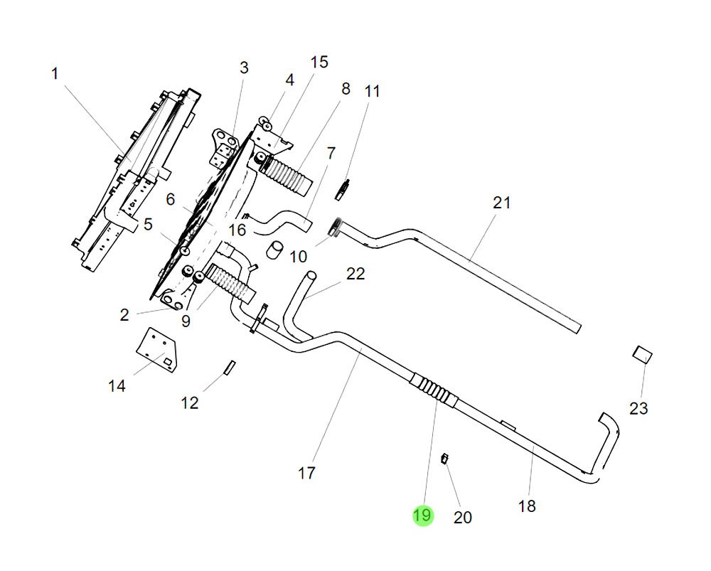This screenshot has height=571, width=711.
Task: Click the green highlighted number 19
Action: (x=422, y=516)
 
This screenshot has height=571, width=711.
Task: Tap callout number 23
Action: (x=638, y=408)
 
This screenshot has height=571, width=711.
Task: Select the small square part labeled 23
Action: (x=643, y=354)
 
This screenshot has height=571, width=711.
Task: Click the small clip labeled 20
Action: (x=444, y=457)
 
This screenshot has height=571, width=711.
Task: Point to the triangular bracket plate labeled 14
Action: (x=157, y=346)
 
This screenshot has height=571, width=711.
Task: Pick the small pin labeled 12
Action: (x=229, y=366)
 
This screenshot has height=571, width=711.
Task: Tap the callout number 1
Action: (x=55, y=73)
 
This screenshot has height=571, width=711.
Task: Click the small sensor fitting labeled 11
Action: (x=343, y=189)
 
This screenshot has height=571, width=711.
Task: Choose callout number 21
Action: (x=502, y=203)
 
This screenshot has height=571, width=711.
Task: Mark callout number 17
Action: (x=306, y=472)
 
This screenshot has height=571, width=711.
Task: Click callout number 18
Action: (x=527, y=506)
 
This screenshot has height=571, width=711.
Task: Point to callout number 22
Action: (x=355, y=274)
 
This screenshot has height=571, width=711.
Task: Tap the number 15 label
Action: (x=319, y=62)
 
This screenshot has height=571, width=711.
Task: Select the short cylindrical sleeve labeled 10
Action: (x=274, y=250)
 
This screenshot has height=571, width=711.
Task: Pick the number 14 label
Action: (x=117, y=385)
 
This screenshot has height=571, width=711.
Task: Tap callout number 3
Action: (x=244, y=68)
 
